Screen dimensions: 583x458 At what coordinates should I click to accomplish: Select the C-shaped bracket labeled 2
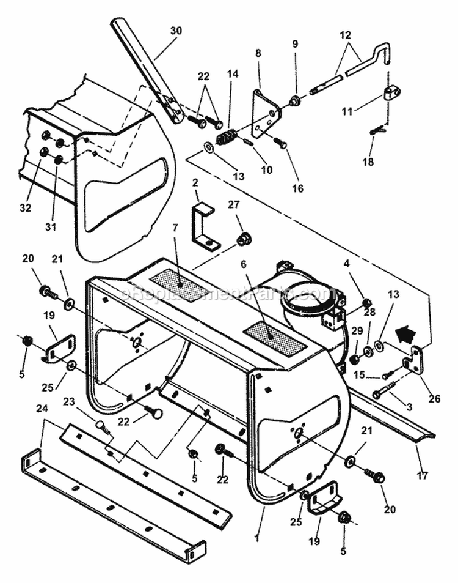[x=204, y=227]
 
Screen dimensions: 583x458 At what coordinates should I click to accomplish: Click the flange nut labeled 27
[x=244, y=239]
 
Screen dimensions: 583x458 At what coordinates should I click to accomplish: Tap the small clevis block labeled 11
[x=391, y=93]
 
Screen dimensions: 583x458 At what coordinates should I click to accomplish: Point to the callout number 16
[x=297, y=188]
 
